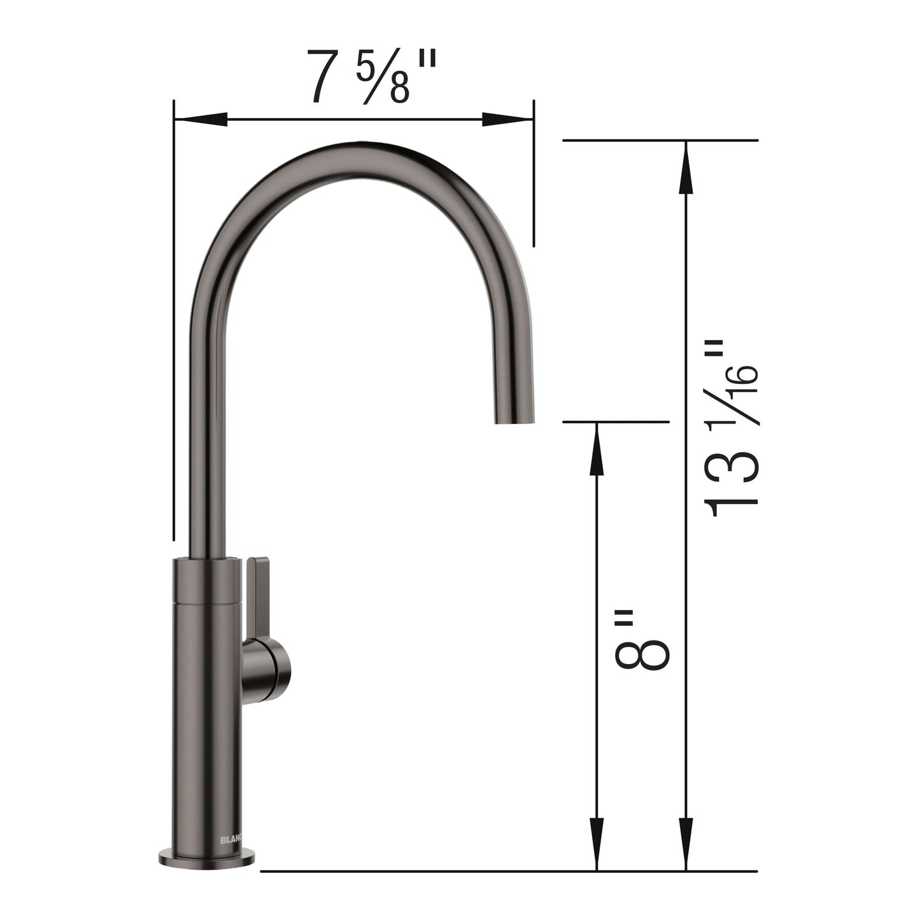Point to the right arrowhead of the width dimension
507,119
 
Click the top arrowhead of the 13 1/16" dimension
686,167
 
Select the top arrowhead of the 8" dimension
596,449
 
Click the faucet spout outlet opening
515,420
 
